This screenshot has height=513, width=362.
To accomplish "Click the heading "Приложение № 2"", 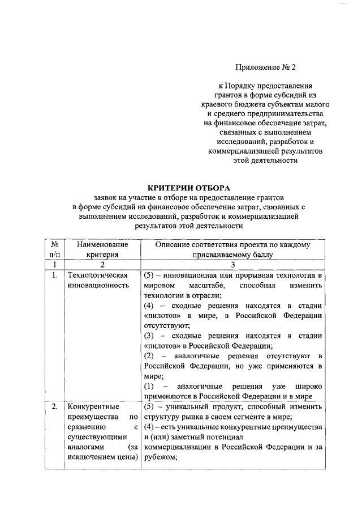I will coord(266,67).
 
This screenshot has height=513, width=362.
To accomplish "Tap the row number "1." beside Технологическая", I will coord(54,275).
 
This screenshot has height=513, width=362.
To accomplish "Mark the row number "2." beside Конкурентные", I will coord(54,406).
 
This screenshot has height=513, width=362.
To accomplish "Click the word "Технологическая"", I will coord(96,275).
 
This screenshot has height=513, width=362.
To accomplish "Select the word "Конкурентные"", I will coord(90,406).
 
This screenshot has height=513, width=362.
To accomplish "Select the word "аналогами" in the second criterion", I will coord(85,447).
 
